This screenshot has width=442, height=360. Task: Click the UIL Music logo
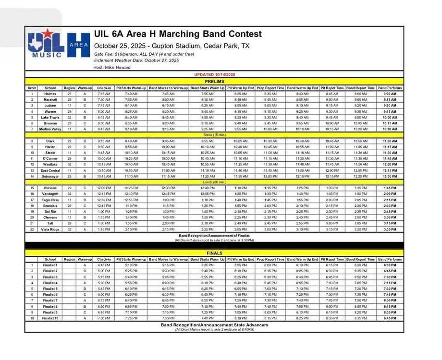click(46, 44)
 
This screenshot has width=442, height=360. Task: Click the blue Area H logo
click(78, 46)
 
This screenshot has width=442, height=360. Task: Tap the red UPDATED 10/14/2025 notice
click(214, 75)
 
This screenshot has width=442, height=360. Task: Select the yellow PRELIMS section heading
click(214, 82)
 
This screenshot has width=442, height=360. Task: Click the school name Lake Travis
click(50, 117)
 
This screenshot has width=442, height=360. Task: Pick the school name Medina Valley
click(50, 129)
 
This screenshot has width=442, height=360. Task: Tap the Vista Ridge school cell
click(50, 229)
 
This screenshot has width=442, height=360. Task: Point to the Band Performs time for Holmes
click(390, 94)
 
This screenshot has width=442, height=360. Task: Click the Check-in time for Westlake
click(104, 164)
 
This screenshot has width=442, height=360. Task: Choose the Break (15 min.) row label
click(214, 135)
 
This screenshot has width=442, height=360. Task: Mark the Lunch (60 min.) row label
click(214, 182)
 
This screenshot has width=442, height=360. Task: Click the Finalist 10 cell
click(50, 318)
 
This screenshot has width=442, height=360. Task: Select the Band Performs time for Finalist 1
click(390, 265)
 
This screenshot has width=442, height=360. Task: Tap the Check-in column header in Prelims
click(104, 88)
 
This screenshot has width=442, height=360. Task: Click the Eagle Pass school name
click(50, 200)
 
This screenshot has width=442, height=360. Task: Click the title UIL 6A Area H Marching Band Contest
click(178, 34)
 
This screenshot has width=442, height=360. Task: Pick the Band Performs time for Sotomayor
click(390, 176)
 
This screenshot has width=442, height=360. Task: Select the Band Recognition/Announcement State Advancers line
click(214, 325)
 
